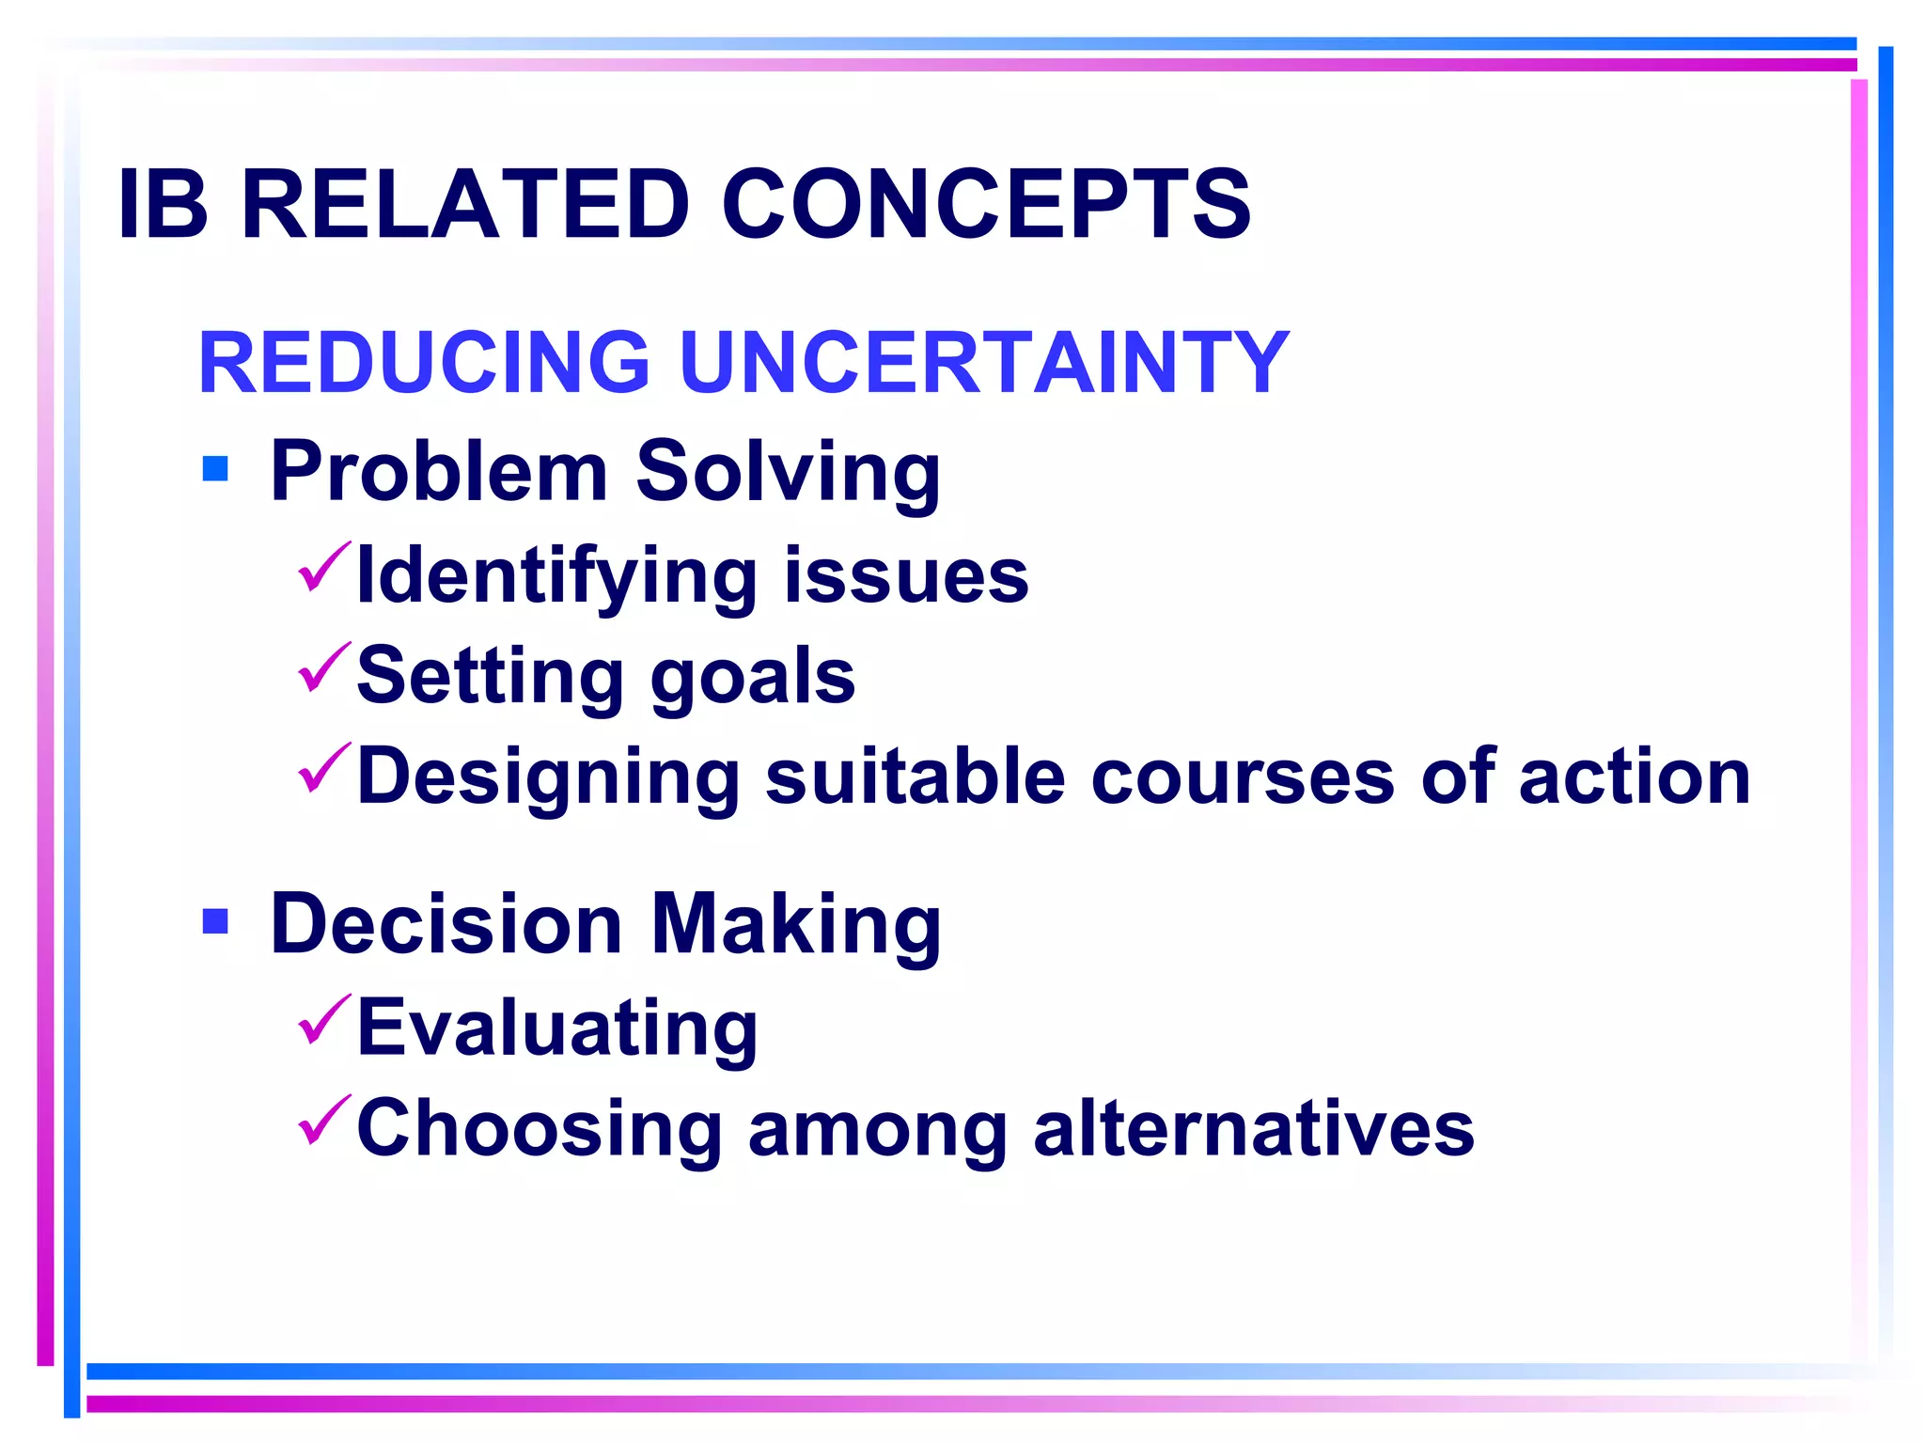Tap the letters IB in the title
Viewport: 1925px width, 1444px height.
163,204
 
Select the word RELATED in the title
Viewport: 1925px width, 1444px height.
465,204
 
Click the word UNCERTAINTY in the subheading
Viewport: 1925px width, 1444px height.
982,363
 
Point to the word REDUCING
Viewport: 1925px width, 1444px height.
424,363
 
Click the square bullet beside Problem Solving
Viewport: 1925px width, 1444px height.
215,468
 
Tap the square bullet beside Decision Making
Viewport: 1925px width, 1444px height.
215,921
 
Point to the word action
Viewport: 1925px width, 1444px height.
1635,777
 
